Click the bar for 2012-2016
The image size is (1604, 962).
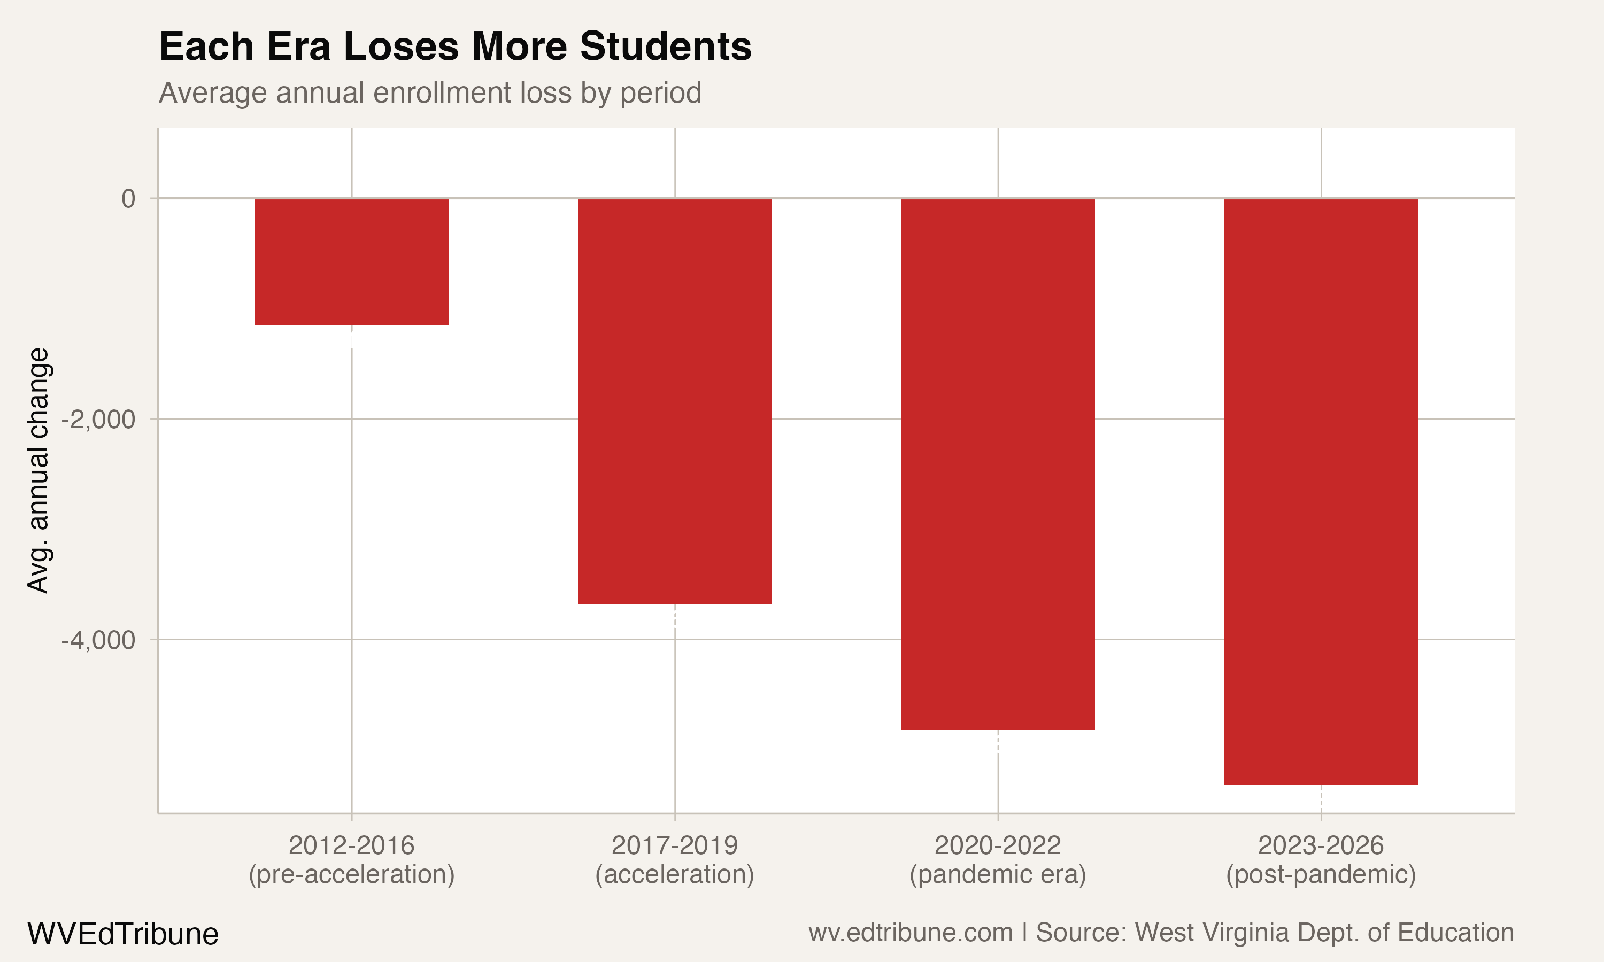(351, 261)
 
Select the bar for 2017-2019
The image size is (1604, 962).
(674, 401)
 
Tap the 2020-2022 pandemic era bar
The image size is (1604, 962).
(998, 464)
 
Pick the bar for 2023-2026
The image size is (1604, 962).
(1321, 491)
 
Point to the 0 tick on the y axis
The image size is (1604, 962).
(128, 198)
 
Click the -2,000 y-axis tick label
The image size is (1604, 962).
(98, 420)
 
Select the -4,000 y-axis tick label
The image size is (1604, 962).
(98, 640)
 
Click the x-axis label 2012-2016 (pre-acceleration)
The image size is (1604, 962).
(351, 859)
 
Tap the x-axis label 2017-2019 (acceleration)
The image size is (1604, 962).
(674, 859)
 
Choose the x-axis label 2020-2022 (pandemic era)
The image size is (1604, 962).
(998, 859)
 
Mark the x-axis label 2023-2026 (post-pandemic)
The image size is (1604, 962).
(1321, 859)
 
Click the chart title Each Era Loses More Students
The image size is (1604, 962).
(455, 46)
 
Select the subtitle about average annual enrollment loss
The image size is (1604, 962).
(430, 92)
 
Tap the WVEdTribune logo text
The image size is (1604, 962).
(122, 934)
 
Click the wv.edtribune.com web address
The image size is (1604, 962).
(911, 933)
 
